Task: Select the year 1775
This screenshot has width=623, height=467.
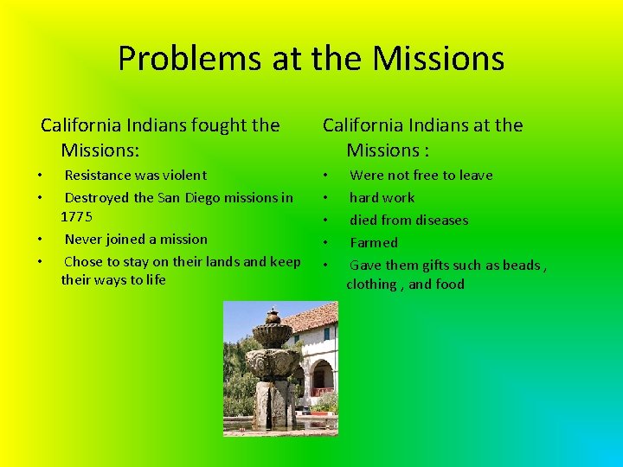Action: coord(76,216)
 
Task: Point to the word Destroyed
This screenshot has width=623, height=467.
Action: coord(98,198)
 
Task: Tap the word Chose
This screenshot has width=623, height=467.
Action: coord(83,262)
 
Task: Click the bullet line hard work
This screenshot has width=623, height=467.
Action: coord(382,198)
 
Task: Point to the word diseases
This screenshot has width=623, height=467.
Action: coord(437,221)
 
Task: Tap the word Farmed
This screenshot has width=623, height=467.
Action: coord(374,243)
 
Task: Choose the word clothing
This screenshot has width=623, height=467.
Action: coord(371,285)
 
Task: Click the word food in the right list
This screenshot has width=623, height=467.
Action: coord(449,285)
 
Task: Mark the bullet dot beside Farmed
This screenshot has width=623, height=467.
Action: coord(325,243)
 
